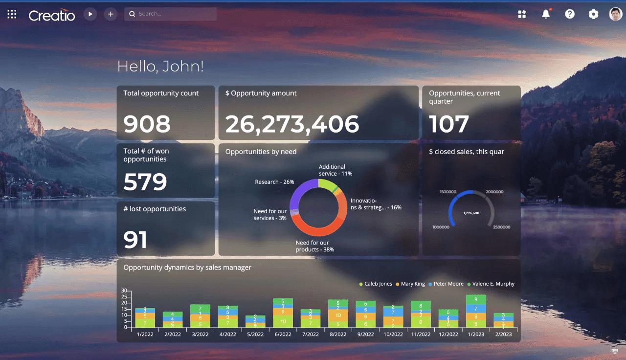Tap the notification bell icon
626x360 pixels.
click(x=546, y=14)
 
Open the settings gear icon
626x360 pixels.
click(x=593, y=14)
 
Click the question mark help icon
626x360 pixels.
click(x=570, y=14)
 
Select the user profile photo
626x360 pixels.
click(x=615, y=14)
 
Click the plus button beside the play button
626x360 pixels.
click(x=111, y=14)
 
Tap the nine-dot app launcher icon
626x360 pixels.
click(x=12, y=14)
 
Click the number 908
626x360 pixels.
click(x=147, y=124)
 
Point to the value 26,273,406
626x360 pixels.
click(x=292, y=124)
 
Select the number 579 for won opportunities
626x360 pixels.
click(x=145, y=182)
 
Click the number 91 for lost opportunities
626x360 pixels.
click(x=135, y=240)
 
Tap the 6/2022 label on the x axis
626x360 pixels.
click(x=283, y=335)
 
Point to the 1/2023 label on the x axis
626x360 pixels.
click(x=476, y=335)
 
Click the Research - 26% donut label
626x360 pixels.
click(x=274, y=182)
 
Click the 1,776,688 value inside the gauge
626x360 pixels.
click(x=471, y=213)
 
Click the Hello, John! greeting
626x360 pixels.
click(x=160, y=67)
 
